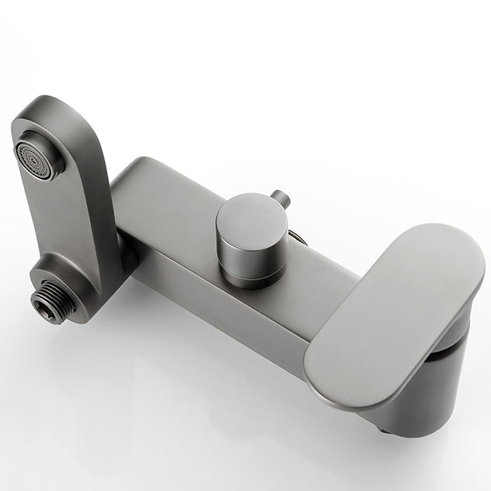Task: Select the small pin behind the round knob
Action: coord(283,200)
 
